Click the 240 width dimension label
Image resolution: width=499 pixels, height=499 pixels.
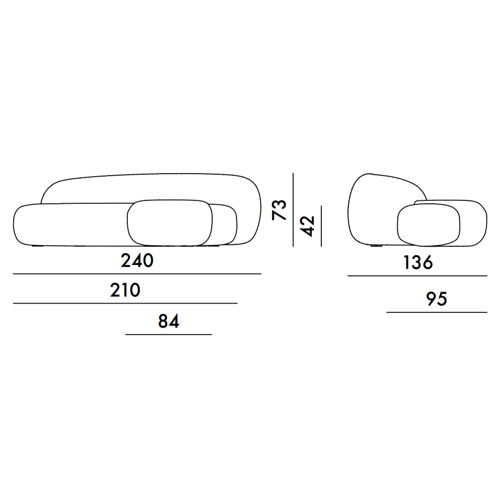pos(137,260)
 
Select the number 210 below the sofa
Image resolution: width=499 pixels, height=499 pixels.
pos(125,290)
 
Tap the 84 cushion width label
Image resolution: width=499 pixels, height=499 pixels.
pos(169,321)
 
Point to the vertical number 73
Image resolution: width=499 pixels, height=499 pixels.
pos(279,210)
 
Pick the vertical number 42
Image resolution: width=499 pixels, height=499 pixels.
pos(307,226)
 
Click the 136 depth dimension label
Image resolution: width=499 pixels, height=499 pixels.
pos(418,263)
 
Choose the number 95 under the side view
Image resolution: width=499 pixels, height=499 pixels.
pos(437,299)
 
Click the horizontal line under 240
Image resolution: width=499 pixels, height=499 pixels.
pos(137,274)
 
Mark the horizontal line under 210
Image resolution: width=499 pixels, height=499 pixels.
pos(125,303)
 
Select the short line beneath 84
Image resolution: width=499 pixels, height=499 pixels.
pos(169,335)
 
